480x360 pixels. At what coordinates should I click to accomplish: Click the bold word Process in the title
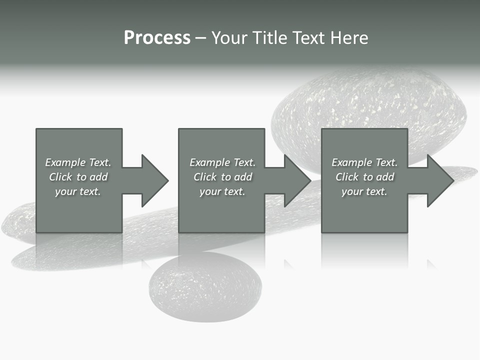tap(157, 38)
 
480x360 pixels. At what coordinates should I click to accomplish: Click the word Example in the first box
tap(65, 162)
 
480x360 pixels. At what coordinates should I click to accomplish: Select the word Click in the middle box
tap(204, 177)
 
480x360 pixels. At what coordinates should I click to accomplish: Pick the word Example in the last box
tap(351, 162)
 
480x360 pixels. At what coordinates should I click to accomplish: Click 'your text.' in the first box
tap(78, 191)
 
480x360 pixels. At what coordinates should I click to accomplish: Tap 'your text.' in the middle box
tap(222, 191)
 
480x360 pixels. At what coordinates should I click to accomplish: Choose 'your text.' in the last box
tap(364, 191)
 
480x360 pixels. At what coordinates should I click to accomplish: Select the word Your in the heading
tap(228, 38)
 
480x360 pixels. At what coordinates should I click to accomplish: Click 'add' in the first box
tap(99, 177)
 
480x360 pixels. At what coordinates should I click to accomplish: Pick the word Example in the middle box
tap(209, 162)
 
